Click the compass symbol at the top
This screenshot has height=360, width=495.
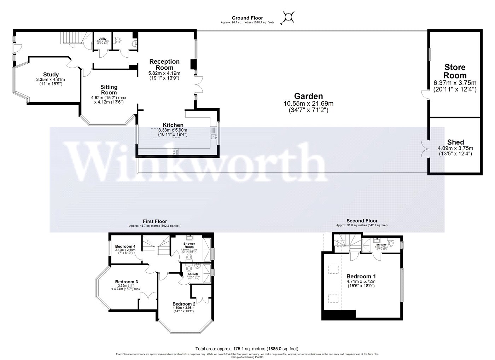(289, 17)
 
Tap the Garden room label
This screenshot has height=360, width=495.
(309, 96)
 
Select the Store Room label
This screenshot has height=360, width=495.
(455, 71)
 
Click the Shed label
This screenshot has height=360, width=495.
(455, 142)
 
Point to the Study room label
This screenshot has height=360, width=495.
(51, 74)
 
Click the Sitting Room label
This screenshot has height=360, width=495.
(109, 89)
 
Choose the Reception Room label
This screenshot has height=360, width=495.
(164, 64)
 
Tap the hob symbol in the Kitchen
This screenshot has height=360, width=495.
(175, 151)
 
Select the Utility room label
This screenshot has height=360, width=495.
(103, 39)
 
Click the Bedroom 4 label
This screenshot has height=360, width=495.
(126, 246)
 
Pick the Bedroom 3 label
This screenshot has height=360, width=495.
(126, 282)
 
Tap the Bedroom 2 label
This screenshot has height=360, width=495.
(184, 304)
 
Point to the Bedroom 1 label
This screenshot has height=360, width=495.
(361, 276)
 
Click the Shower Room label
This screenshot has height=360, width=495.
(190, 245)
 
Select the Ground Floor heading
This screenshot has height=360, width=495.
(247, 18)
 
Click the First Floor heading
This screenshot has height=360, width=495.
(155, 221)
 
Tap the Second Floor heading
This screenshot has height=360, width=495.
(362, 221)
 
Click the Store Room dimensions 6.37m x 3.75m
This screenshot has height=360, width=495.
(455, 83)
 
